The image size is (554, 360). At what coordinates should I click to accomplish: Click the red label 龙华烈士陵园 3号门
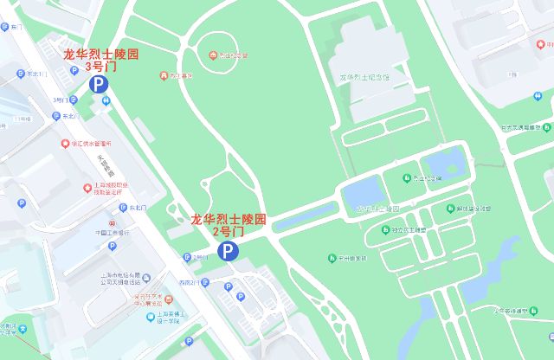point(100,60)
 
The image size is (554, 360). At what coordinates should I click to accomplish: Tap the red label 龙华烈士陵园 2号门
point(229,225)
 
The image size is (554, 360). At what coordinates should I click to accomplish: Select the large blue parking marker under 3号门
point(99,84)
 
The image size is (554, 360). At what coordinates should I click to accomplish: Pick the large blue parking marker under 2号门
point(227,251)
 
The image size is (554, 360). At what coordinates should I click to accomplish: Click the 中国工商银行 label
point(112,232)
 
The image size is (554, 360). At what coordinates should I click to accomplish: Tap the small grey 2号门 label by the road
point(200,257)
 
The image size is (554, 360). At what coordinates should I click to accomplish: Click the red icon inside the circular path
point(214,56)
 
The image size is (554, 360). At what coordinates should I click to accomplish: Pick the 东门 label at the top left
point(16,28)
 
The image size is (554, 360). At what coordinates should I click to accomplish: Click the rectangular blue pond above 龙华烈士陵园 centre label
point(361,190)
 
